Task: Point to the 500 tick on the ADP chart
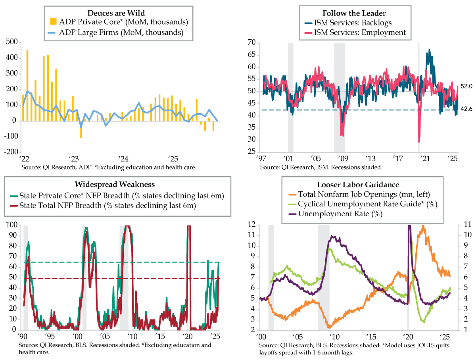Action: click(12, 42)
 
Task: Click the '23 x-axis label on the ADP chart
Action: click(73, 158)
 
